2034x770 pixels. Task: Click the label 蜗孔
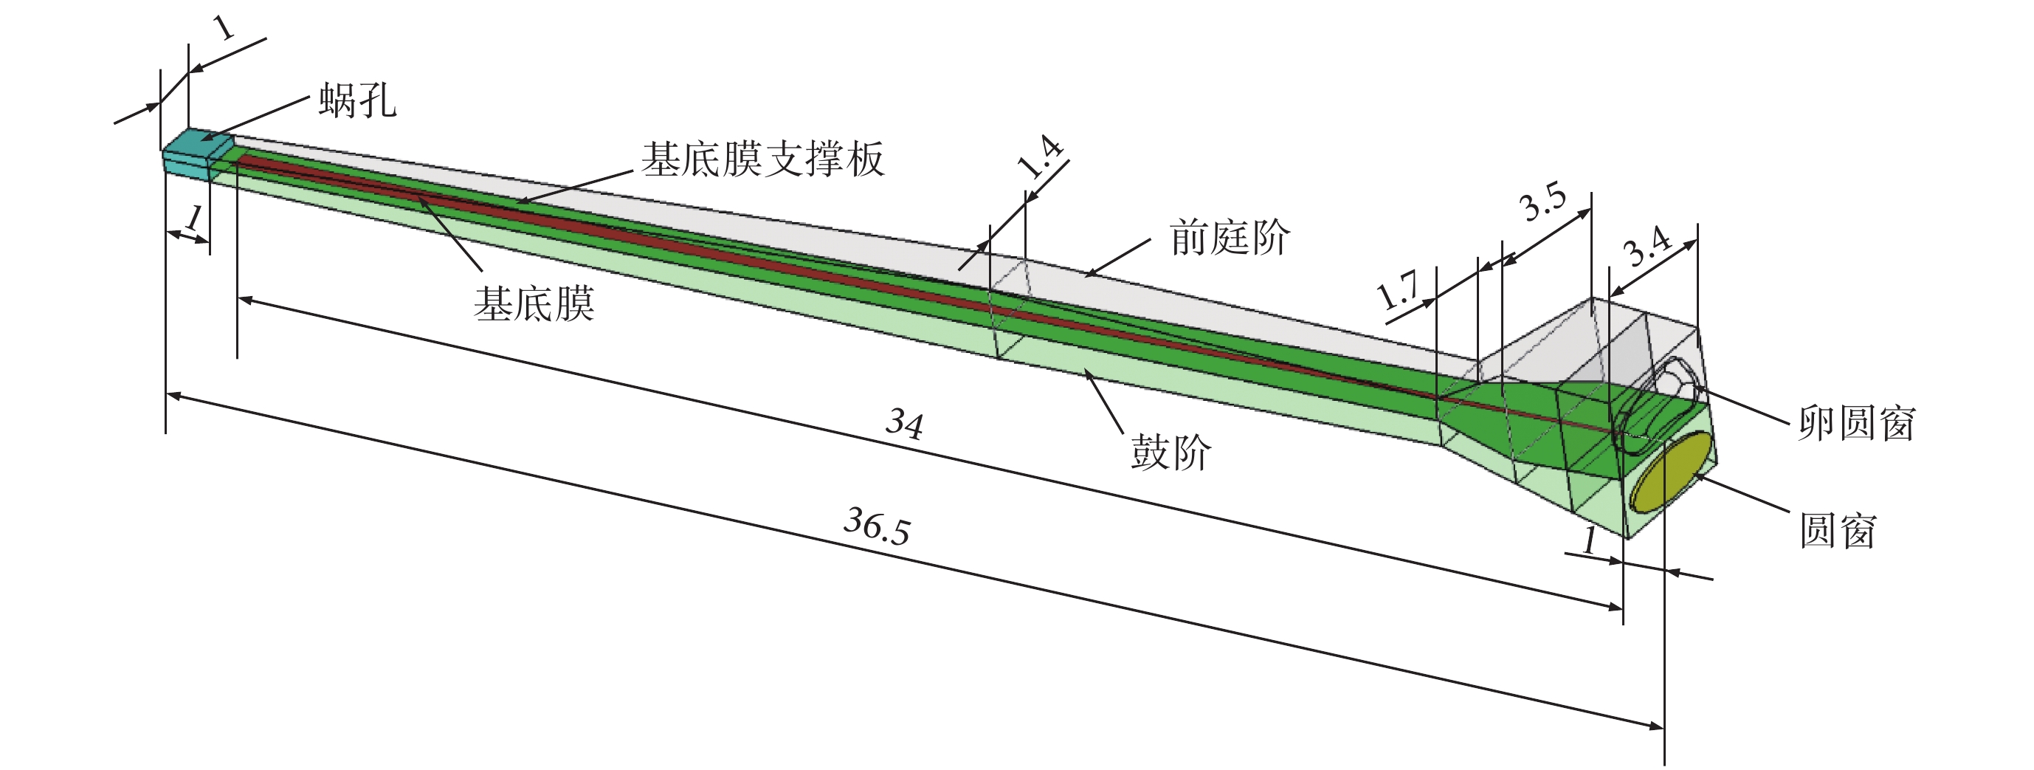[x=357, y=101]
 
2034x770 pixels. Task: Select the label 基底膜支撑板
[x=762, y=159]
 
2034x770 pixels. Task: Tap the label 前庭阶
[x=1229, y=238]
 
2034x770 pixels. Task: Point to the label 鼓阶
[x=1171, y=453]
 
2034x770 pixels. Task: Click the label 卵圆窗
[x=1856, y=423]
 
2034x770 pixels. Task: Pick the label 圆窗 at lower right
[x=1837, y=530]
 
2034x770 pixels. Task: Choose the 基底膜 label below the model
[x=534, y=304]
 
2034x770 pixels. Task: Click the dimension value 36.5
[x=877, y=525]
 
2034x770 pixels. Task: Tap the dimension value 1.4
[x=1040, y=158]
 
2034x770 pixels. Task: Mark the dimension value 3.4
[x=1648, y=247]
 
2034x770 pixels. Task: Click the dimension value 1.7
[x=1398, y=292]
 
